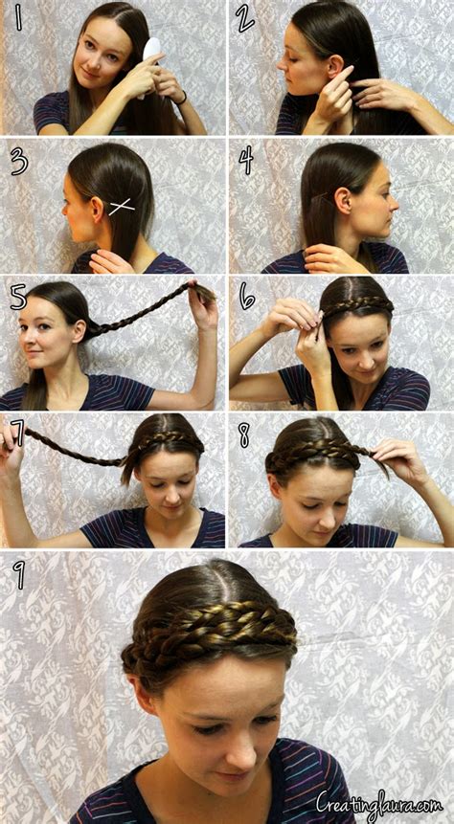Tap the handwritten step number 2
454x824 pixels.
pyautogui.click(x=246, y=18)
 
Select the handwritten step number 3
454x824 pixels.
pyautogui.click(x=19, y=162)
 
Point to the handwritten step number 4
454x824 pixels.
pyautogui.click(x=246, y=160)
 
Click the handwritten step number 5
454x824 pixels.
pyautogui.click(x=18, y=296)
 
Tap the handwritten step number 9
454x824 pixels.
pyautogui.click(x=20, y=575)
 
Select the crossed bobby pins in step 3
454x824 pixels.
pyautogui.click(x=121, y=205)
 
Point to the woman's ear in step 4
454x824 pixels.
pyautogui.click(x=342, y=198)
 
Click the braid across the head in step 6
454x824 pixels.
pyautogui.click(x=355, y=305)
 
